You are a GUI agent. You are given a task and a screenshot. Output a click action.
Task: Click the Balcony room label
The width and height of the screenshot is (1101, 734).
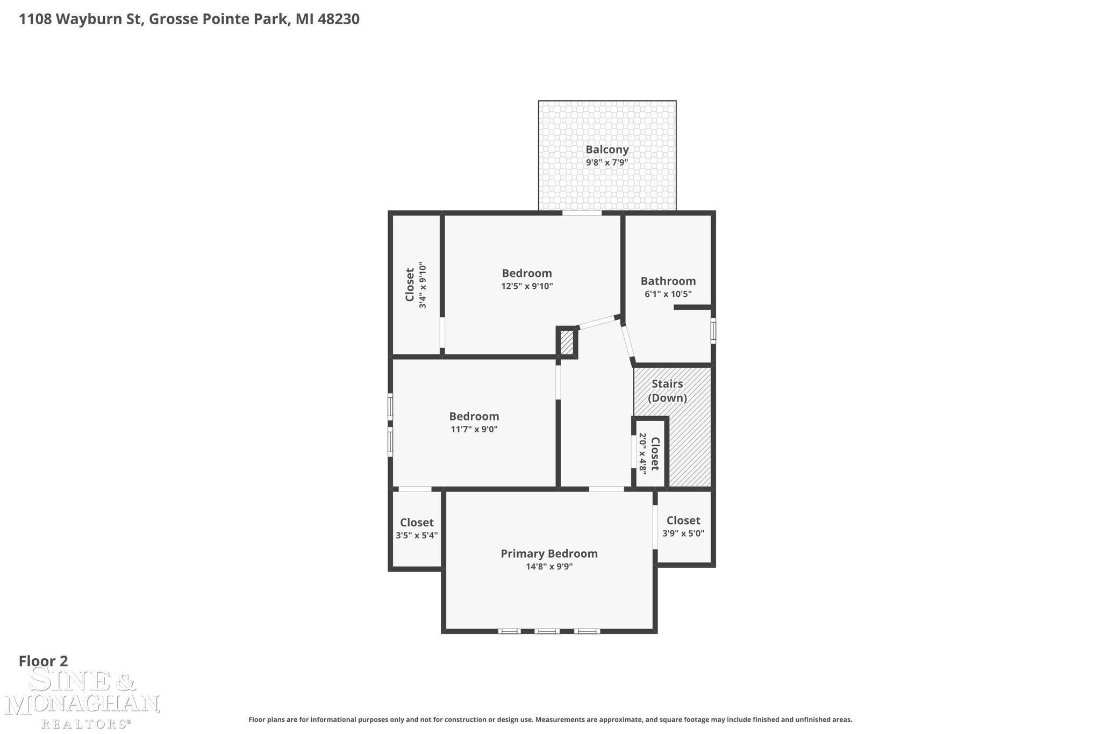tap(607, 150)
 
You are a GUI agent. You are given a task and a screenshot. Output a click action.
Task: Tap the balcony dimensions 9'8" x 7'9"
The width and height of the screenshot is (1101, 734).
tap(607, 162)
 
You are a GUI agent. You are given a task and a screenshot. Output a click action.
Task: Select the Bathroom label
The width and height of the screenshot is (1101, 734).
tap(668, 281)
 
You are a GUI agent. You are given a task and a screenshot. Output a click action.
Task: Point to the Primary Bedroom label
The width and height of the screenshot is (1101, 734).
tap(549, 554)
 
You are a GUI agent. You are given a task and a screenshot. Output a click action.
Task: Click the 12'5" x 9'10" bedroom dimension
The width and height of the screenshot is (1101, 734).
tap(527, 286)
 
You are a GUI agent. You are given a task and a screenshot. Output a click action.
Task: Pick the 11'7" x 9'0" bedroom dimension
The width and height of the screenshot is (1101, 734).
tap(474, 429)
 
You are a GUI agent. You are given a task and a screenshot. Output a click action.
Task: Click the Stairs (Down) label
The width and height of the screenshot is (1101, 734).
tap(667, 391)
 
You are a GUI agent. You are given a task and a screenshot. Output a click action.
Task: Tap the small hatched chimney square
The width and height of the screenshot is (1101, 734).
tap(567, 342)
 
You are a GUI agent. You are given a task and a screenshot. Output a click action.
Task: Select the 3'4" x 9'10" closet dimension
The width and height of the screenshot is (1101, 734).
tap(423, 286)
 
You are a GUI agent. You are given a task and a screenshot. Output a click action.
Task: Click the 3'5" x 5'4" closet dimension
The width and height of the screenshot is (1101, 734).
tap(417, 536)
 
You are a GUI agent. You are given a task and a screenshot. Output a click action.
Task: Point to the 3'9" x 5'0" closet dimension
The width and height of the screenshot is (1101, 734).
tap(683, 533)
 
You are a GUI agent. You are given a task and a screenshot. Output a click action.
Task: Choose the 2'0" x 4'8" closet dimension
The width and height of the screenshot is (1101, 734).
tap(642, 453)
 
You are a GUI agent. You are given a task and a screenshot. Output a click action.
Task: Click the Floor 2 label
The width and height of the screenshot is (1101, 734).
tap(44, 661)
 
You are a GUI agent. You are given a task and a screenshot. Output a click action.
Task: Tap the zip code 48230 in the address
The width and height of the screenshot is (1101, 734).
tap(338, 19)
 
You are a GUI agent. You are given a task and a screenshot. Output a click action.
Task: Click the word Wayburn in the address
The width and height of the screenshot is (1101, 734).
tap(99, 20)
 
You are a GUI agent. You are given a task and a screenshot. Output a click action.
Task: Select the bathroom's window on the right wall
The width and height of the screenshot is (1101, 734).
tap(713, 331)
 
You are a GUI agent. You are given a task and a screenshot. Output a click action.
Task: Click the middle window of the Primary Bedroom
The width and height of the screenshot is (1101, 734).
tap(547, 631)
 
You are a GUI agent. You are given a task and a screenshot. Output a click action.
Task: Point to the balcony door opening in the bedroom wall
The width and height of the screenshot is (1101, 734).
tap(582, 213)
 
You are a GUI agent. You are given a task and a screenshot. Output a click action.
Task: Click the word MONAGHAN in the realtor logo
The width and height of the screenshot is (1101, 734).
tap(82, 704)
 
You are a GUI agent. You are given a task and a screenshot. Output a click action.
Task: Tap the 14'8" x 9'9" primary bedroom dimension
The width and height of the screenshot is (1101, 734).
tap(549, 566)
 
